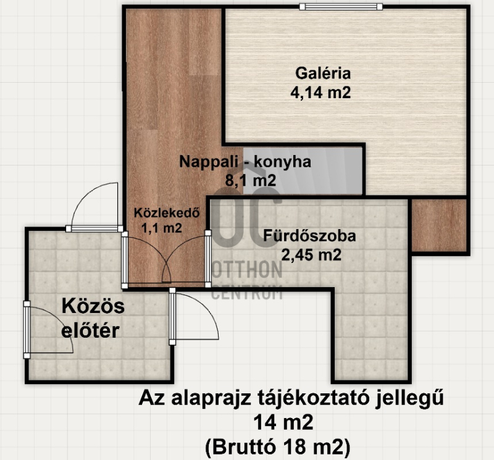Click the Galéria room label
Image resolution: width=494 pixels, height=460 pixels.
[323, 73]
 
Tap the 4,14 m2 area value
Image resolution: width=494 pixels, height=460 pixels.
[320, 93]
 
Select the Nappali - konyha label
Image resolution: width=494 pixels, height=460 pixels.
[245, 162]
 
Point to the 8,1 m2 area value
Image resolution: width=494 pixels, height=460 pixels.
[251, 180]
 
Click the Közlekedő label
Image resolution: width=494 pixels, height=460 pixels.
[167, 212]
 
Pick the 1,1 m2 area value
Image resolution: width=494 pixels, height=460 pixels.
[162, 228]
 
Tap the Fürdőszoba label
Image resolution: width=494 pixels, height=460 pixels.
[310, 236]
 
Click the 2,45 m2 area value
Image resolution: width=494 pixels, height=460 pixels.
[311, 255]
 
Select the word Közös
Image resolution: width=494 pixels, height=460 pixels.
[93, 306]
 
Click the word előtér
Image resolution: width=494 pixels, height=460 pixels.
[90, 330]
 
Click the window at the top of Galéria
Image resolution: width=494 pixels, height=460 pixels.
[341, 7]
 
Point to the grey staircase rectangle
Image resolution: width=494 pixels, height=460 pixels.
[303, 170]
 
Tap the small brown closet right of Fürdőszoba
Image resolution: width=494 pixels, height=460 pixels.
[439, 225]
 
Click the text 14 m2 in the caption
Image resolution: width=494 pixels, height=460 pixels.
[283, 422]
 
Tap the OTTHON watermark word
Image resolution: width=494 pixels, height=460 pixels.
[246, 270]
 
